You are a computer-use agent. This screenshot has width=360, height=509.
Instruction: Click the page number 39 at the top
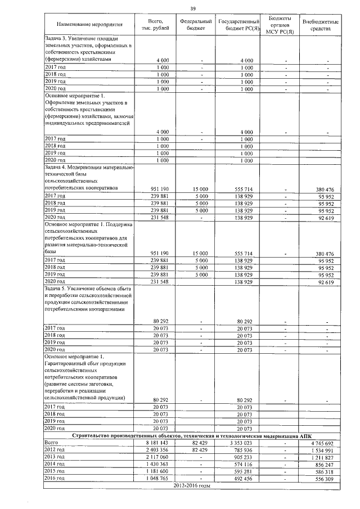(192, 8)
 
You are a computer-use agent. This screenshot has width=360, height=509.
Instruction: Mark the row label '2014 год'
(55, 465)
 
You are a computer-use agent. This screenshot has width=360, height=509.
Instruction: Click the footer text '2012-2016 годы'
(192, 486)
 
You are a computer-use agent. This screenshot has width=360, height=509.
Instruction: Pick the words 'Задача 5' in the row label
(56, 287)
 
